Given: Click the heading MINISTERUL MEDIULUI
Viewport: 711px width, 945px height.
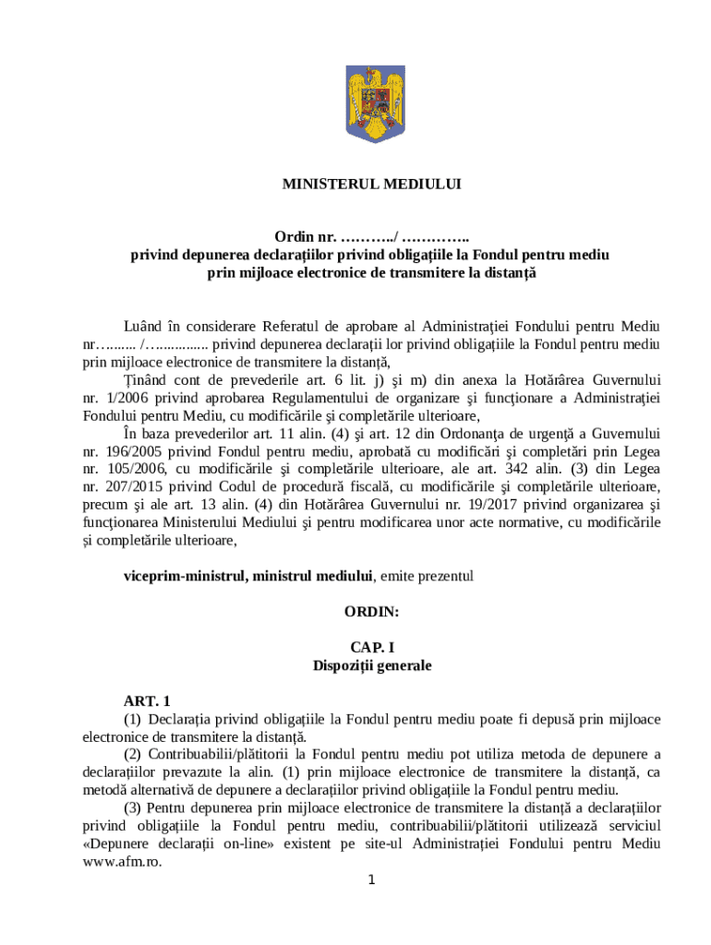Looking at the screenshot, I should [x=371, y=184].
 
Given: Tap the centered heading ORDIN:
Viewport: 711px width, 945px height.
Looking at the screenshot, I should [x=371, y=611].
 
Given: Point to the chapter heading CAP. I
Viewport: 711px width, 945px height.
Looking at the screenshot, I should [x=371, y=648].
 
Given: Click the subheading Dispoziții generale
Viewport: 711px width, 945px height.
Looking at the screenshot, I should [x=371, y=664].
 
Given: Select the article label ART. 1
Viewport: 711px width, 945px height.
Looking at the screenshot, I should [x=147, y=700].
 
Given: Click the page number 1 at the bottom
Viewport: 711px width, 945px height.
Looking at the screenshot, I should [x=370, y=879].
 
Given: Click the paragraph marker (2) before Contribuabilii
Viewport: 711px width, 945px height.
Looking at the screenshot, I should [x=134, y=754].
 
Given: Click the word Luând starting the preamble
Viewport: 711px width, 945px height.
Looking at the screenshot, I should [x=145, y=326].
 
